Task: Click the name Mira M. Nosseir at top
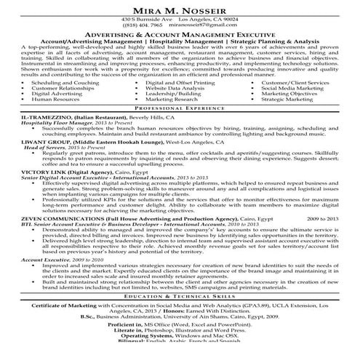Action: click(x=180, y=8)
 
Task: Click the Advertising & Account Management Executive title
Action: click(x=180, y=34)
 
